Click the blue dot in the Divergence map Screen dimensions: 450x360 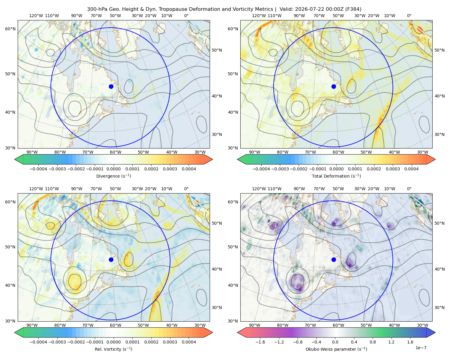click(x=111, y=86)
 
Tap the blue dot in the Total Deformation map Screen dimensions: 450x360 click(x=334, y=86)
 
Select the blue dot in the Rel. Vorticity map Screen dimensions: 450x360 click(x=111, y=259)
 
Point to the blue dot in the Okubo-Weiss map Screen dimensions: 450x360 click(x=334, y=259)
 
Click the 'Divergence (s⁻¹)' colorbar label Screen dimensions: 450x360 click(x=113, y=176)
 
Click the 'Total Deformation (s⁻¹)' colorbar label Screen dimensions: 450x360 click(x=336, y=176)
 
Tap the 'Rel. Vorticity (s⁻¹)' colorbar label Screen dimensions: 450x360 click(x=113, y=349)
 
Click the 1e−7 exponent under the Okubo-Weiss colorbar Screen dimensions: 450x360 click(x=421, y=348)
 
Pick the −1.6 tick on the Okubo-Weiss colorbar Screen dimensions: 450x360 click(x=260, y=342)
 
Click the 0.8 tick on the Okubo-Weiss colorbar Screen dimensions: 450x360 click(x=373, y=342)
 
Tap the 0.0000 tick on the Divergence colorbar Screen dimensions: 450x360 click(x=113, y=169)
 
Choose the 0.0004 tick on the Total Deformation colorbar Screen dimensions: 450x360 click(x=411, y=169)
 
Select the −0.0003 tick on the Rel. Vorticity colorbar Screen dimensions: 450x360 click(x=57, y=342)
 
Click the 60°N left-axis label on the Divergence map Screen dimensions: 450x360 click(x=10, y=29)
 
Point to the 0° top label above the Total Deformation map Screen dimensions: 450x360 click(x=409, y=16)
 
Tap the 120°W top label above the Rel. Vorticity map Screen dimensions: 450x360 click(x=36, y=189)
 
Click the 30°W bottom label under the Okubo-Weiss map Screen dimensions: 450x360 click(x=423, y=325)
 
